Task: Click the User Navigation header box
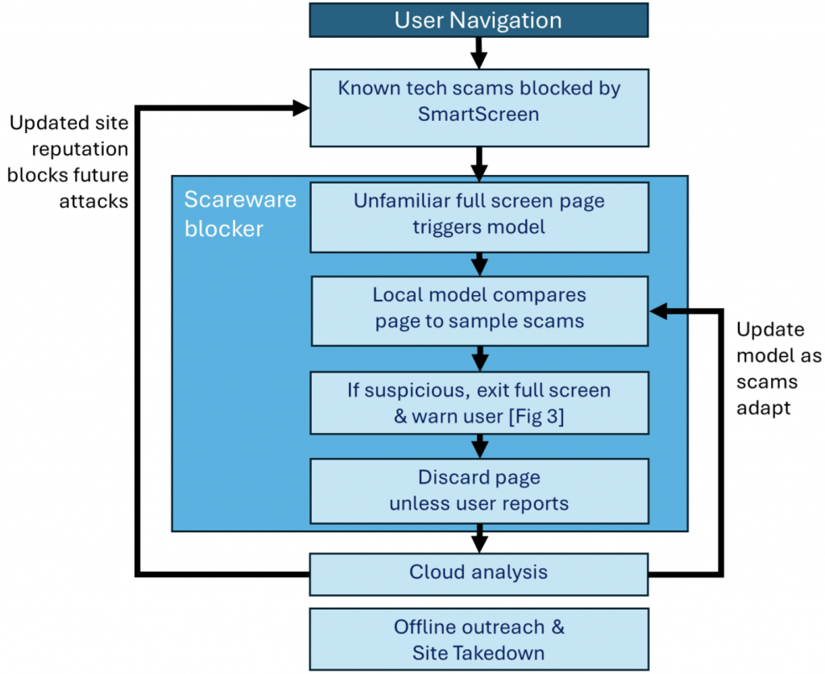tap(479, 19)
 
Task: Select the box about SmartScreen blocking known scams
tap(479, 106)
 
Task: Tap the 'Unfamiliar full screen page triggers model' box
tap(479, 216)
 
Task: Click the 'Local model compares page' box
tap(479, 310)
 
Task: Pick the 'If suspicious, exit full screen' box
tap(479, 401)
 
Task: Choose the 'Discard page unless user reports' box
tap(479, 490)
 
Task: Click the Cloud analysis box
tap(479, 572)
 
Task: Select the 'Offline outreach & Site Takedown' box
tap(479, 639)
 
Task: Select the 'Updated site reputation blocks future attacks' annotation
tap(68, 162)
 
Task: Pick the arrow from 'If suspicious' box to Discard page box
tap(479, 446)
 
